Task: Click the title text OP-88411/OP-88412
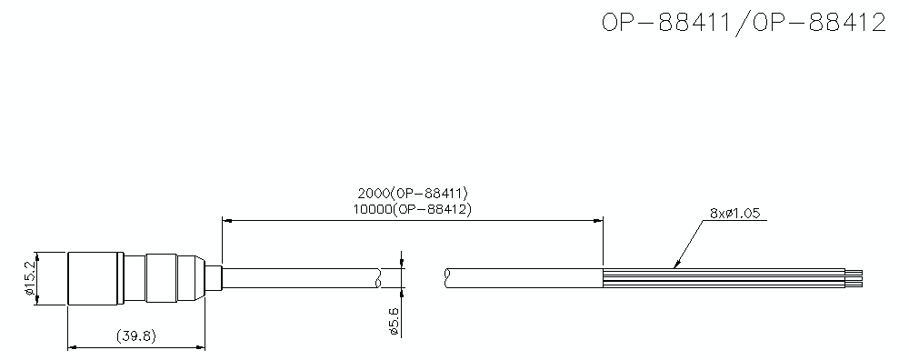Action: point(743,24)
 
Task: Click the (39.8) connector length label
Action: point(137,335)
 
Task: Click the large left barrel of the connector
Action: point(95,278)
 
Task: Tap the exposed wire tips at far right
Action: point(856,278)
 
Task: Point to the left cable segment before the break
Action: point(300,278)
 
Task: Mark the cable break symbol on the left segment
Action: point(377,278)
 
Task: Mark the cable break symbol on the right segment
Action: point(449,278)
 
